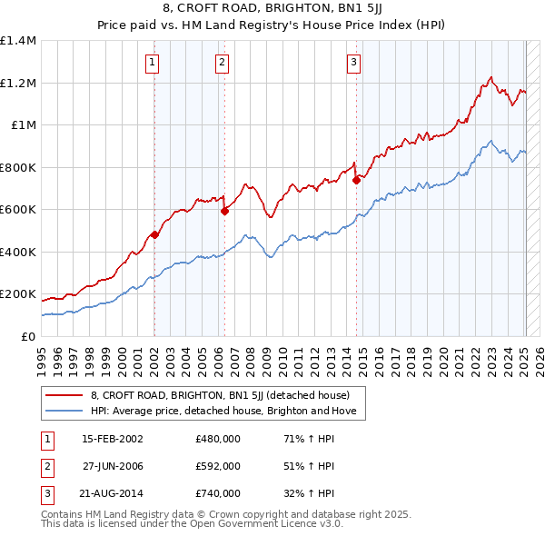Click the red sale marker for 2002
tap(154, 234)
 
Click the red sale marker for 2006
tap(224, 211)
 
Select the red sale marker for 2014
tap(356, 180)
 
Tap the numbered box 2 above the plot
tap(222, 63)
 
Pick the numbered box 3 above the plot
tap(353, 63)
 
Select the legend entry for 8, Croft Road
tap(226, 395)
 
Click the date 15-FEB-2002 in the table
tap(113, 439)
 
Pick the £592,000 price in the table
tap(218, 466)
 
